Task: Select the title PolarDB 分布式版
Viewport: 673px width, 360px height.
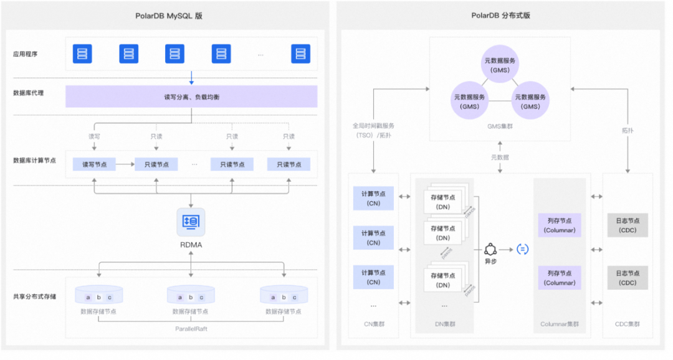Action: point(500,16)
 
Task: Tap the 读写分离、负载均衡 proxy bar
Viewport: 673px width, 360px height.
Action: point(191,97)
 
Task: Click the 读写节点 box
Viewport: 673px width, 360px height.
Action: point(94,164)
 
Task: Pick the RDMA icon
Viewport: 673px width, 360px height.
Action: point(191,222)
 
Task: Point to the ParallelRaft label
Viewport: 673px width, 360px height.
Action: point(191,328)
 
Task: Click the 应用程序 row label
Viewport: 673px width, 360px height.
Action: point(26,54)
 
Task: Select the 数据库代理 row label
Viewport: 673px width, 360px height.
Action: point(28,93)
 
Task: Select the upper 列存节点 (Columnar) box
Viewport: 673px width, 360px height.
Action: point(559,225)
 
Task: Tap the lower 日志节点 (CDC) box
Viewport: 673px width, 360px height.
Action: point(628,278)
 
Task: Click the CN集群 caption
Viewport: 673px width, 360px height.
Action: point(373,324)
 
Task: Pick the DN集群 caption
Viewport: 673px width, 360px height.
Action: point(444,324)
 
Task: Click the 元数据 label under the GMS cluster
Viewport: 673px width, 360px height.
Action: point(500,158)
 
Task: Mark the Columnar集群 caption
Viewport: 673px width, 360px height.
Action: point(559,324)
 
